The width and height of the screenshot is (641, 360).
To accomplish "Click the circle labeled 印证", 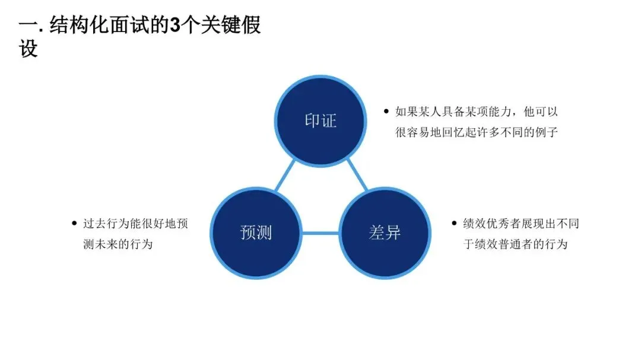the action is [x=320, y=121].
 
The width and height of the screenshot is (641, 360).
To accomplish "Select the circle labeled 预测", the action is [x=256, y=232].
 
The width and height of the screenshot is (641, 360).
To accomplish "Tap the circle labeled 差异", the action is [x=385, y=232].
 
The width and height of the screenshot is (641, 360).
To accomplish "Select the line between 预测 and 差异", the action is [x=320, y=232].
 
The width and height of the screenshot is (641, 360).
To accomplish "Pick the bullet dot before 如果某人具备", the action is [x=386, y=111].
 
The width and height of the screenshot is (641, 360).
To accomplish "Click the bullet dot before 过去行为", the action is [x=74, y=224].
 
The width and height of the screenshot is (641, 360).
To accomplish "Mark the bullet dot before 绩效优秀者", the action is [x=455, y=224].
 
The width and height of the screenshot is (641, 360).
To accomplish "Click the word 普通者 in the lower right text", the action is [x=517, y=244].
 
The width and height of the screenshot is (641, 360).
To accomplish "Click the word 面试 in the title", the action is [x=135, y=27].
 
